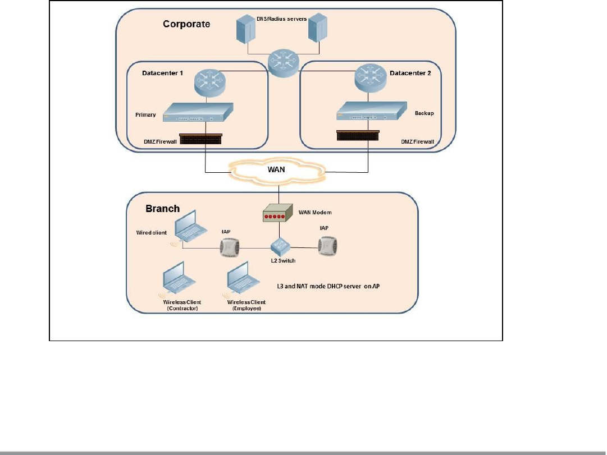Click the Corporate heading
point(186,24)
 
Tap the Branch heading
point(163,209)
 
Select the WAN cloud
point(277,170)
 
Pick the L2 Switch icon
point(280,246)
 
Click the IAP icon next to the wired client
point(230,247)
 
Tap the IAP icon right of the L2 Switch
point(327,246)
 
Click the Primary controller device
point(198,112)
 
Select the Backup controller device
point(372,111)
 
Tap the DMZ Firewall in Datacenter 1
point(200,139)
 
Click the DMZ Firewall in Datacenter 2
point(358,135)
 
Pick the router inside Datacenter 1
point(210,82)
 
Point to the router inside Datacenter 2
point(371,78)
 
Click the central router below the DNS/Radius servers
point(284,63)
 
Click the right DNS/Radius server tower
point(318,27)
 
